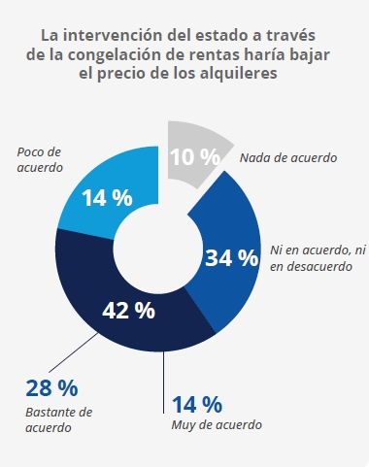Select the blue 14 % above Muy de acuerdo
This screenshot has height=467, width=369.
pyautogui.click(x=198, y=403)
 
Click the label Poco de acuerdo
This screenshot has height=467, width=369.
pyautogui.click(x=41, y=159)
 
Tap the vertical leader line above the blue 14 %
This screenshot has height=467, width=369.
pyautogui.click(x=163, y=374)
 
